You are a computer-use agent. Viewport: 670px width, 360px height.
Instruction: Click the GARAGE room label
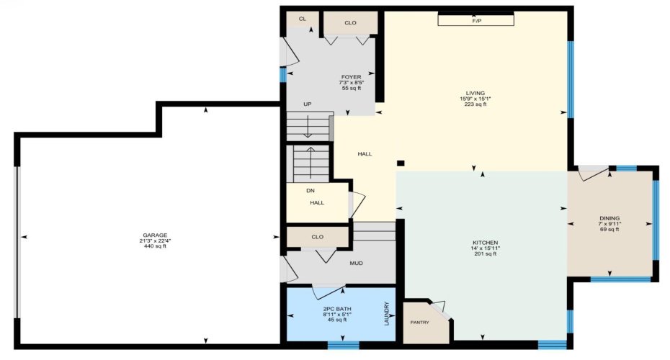(x=154, y=235)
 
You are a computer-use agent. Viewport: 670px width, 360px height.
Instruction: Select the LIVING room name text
(x=475, y=93)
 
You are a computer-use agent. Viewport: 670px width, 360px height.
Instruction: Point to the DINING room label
(x=609, y=218)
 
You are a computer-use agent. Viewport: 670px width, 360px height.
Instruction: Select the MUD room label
(x=356, y=263)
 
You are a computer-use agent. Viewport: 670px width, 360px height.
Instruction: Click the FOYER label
(x=351, y=77)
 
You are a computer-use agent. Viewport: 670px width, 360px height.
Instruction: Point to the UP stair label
(x=307, y=104)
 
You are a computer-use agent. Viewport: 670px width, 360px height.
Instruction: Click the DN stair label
(x=310, y=191)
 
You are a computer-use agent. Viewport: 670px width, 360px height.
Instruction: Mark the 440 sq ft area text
(x=154, y=246)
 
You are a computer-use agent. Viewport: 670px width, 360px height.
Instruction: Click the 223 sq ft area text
(x=475, y=104)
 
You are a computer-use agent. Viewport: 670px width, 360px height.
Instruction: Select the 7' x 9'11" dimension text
(x=609, y=224)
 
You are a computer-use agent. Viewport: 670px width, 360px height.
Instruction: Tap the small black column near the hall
(x=401, y=163)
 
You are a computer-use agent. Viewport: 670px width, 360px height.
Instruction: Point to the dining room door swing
(x=593, y=173)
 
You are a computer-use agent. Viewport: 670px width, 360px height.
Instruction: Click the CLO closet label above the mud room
(x=317, y=236)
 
